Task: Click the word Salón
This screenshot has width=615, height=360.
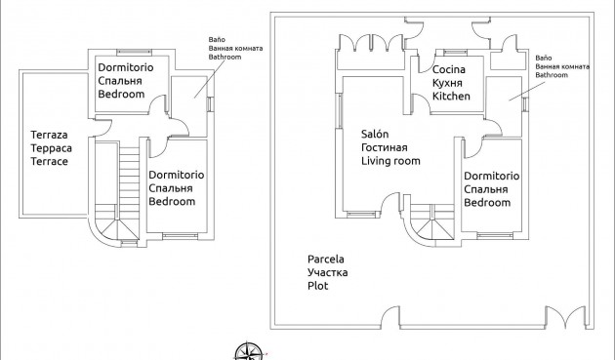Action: pos(377,134)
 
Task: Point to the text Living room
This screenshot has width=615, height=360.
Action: pos(390,161)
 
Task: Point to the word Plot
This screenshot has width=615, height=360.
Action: pos(317,287)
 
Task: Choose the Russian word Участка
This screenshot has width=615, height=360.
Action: pos(327,273)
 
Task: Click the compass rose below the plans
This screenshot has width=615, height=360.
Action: pos(249,351)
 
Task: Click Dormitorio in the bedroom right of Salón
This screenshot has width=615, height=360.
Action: pos(491,175)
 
